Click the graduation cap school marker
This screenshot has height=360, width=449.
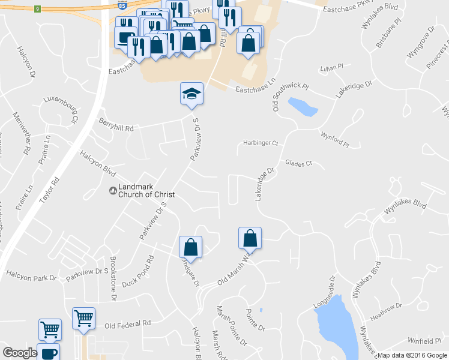point(191,94)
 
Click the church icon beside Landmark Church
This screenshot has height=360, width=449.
point(112,191)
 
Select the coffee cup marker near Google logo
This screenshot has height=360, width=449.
point(48,353)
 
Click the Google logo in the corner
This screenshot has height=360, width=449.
point(20,353)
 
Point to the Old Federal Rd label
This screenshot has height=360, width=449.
point(127,325)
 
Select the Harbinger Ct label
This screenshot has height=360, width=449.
point(261,143)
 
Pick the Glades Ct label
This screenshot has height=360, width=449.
point(299,163)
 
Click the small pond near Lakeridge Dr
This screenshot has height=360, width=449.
point(302,106)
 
